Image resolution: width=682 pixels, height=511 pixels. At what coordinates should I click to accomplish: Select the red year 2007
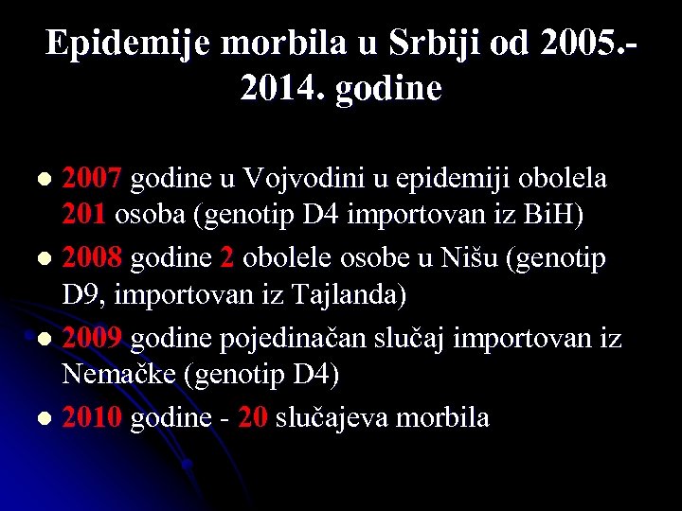click(93, 178)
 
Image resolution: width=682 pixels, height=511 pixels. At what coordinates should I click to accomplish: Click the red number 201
click(84, 215)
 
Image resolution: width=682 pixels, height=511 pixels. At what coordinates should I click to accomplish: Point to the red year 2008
click(93, 257)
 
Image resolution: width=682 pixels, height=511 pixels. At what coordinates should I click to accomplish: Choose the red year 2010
click(93, 417)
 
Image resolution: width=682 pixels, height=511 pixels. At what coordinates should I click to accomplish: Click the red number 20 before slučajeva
click(253, 417)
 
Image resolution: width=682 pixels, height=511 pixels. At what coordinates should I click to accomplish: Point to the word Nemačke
click(119, 376)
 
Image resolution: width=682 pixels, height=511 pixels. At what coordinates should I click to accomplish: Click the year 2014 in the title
click(280, 89)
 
